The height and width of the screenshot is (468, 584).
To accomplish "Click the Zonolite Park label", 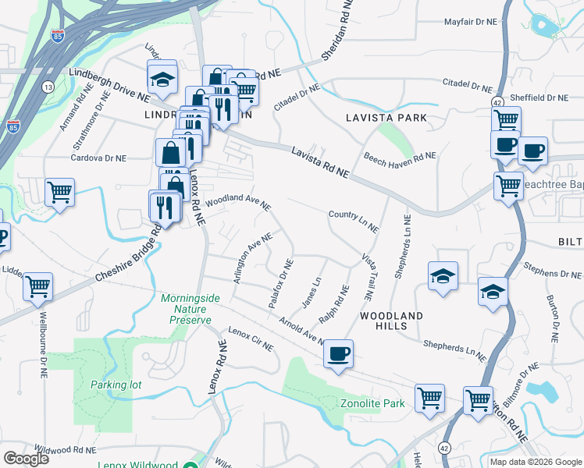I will [372, 403].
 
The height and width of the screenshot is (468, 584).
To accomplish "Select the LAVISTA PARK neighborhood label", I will [386, 118].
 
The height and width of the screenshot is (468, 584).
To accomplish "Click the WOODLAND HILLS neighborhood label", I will [391, 322].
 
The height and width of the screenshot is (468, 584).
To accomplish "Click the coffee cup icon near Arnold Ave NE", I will [338, 354].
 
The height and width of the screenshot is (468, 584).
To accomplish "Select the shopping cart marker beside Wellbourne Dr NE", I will [37, 287].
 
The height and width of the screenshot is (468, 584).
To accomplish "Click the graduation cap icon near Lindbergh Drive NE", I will [162, 78].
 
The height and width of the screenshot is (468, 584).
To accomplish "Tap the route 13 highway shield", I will [48, 86].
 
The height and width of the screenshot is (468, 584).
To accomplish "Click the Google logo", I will [26, 458].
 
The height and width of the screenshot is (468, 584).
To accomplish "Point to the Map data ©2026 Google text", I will [535, 462].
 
